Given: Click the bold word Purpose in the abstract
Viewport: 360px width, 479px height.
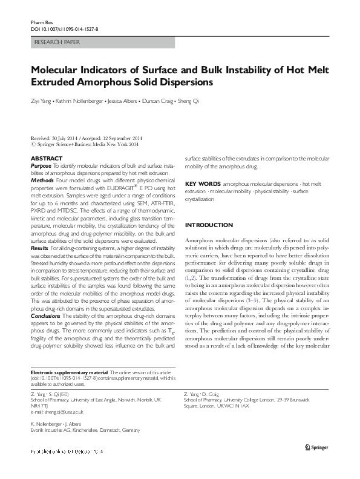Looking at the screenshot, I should coord(41,165).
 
